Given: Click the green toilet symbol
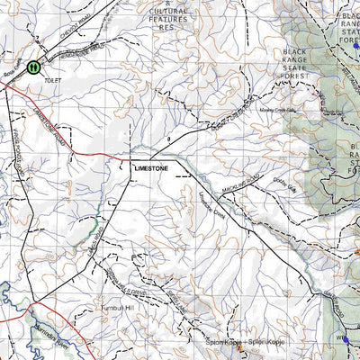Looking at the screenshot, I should (34, 67).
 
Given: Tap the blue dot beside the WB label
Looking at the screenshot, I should (345, 340).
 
